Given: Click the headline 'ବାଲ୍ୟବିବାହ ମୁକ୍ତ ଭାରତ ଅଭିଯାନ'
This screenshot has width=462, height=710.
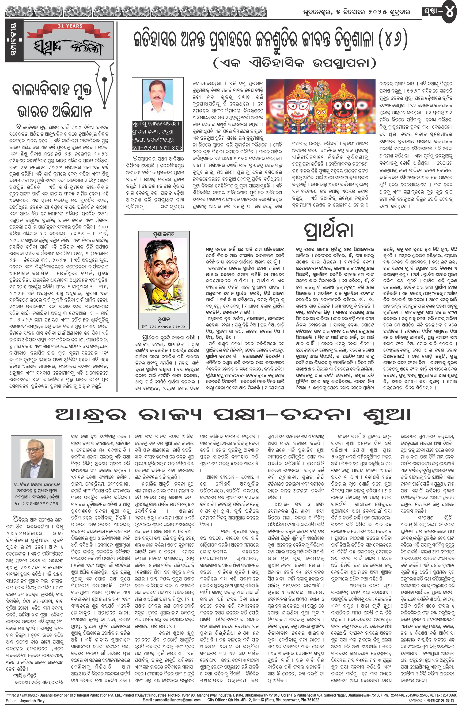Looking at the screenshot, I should pyautogui.click(x=52, y=100).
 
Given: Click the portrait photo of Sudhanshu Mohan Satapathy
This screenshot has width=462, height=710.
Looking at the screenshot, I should pyautogui.click(x=158, y=99).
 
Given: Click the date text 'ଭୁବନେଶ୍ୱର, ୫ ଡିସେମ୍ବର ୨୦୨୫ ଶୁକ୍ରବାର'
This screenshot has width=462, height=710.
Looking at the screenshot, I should pyautogui.click(x=354, y=12).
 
